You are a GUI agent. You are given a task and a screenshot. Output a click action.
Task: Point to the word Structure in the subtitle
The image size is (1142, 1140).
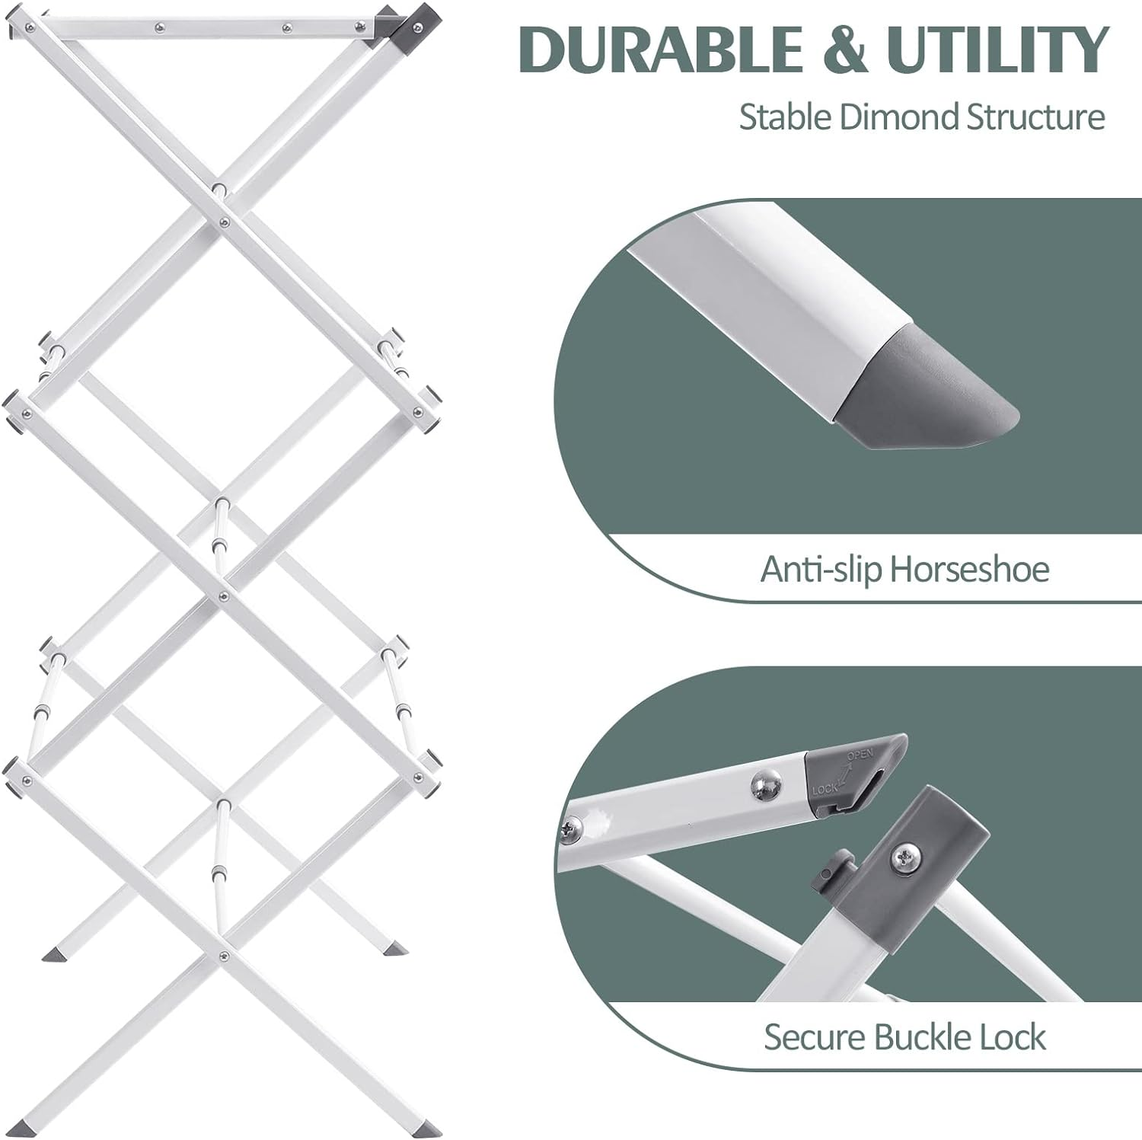(1035, 118)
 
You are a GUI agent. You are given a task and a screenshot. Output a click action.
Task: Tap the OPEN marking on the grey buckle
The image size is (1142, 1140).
(860, 756)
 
